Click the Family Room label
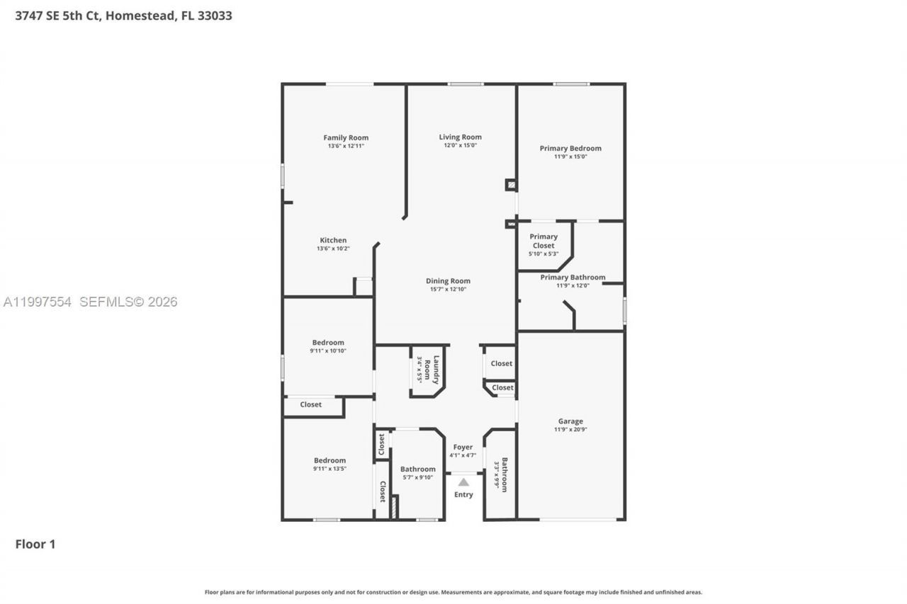click(x=346, y=137)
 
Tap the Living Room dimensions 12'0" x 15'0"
click(x=460, y=145)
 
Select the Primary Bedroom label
click(x=570, y=148)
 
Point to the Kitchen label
click(x=333, y=240)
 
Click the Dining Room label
click(x=448, y=280)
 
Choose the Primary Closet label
click(x=543, y=241)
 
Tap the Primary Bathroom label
click(x=573, y=277)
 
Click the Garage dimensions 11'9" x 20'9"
click(x=570, y=429)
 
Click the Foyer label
click(x=463, y=447)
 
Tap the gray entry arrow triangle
click(x=463, y=482)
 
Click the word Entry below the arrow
click(x=463, y=494)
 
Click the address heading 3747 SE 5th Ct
click(x=123, y=16)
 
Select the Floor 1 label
click(x=35, y=544)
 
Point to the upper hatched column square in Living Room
click(x=511, y=185)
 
